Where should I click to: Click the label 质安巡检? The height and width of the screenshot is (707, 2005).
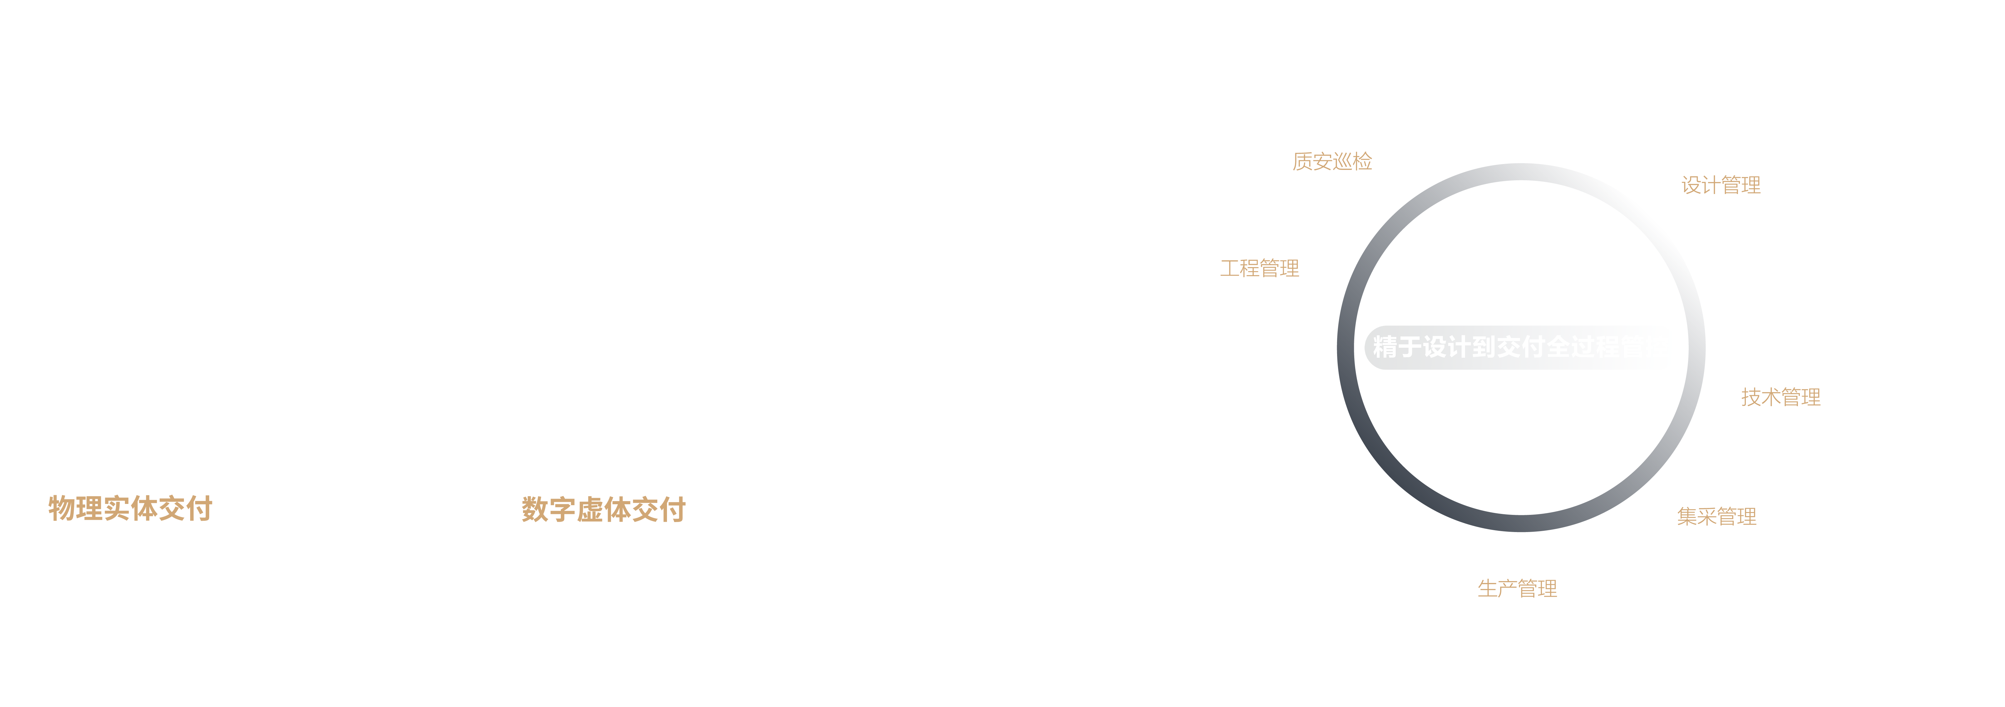coord(1332,161)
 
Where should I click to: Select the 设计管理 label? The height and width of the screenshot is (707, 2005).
coord(1721,185)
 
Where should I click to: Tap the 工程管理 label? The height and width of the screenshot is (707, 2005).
coord(1259,269)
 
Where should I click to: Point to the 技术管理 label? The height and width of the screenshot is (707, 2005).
coord(1781,397)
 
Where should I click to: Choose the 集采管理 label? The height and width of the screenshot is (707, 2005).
coord(1716,516)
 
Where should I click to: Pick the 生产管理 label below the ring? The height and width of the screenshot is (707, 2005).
coord(1517,589)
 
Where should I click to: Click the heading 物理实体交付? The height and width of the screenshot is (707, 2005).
coord(130,508)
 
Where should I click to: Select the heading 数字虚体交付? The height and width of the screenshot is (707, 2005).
coord(603,510)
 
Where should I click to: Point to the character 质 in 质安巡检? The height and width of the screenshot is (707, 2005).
coord(1302,161)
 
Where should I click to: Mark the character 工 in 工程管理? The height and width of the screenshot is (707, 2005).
coord(1230,269)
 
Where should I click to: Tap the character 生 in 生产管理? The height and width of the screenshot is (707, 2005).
coord(1487,589)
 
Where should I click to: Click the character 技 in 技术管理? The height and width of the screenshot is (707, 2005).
coord(1751,397)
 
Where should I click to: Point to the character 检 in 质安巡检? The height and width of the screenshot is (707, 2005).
coord(1362,161)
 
